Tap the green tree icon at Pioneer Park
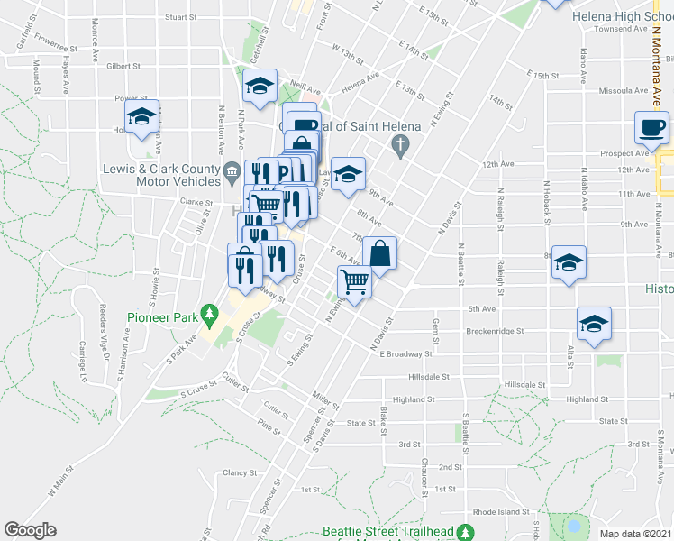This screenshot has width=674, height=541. pyautogui.click(x=211, y=314)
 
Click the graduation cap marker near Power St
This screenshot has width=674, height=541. pyautogui.click(x=141, y=116)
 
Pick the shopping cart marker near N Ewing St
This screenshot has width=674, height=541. pyautogui.click(x=354, y=282)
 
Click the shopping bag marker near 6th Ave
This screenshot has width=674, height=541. pyautogui.click(x=380, y=253)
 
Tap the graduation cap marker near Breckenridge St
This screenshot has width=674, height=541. pyautogui.click(x=594, y=324)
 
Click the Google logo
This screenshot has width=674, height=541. pyautogui.click(x=30, y=530)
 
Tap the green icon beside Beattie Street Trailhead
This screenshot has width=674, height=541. pyautogui.click(x=465, y=532)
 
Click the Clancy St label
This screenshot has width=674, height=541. pyautogui.click(x=241, y=472)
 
